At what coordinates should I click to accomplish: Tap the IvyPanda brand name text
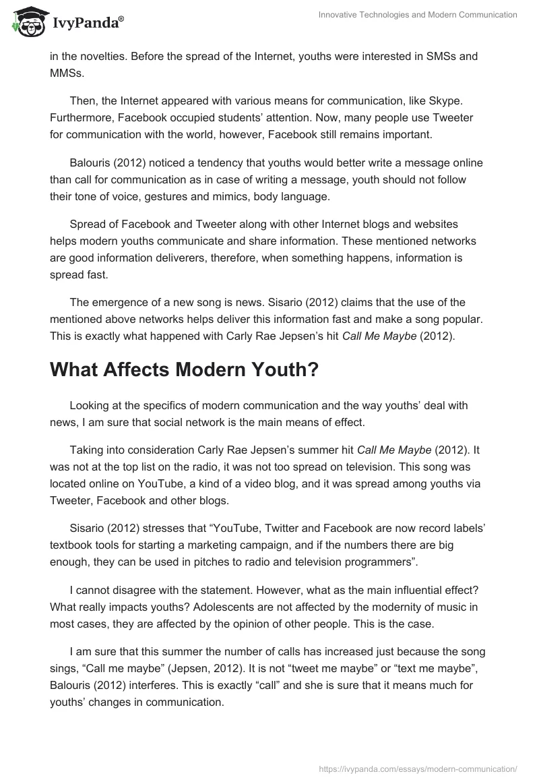[86, 23]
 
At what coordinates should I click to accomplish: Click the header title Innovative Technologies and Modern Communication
[418, 15]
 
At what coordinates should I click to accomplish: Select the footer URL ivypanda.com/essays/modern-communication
[417, 768]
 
